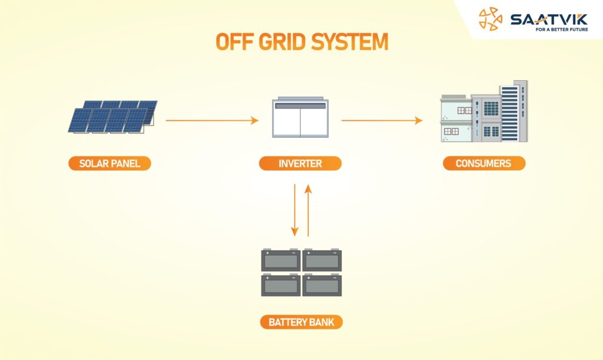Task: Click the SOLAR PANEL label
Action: tap(110, 163)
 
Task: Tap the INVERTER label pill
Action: tap(300, 163)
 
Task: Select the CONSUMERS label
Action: tap(484, 163)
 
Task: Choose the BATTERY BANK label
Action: tap(301, 322)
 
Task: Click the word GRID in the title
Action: tap(282, 41)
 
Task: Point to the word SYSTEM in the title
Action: tap(350, 41)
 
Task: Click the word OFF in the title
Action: tap(234, 41)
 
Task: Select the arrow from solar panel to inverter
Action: tap(212, 120)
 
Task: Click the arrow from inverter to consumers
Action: tap(382, 120)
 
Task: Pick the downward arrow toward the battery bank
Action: tap(294, 210)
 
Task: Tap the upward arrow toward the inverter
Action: tap(308, 210)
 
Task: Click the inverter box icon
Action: tap(300, 117)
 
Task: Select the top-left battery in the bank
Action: tap(281, 260)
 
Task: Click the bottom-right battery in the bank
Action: tap(322, 285)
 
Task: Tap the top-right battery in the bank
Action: tap(322, 260)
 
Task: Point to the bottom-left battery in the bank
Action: tap(281, 285)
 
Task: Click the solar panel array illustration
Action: tap(112, 117)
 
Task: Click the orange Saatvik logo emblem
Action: tap(491, 19)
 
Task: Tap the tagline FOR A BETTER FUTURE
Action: tap(562, 29)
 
